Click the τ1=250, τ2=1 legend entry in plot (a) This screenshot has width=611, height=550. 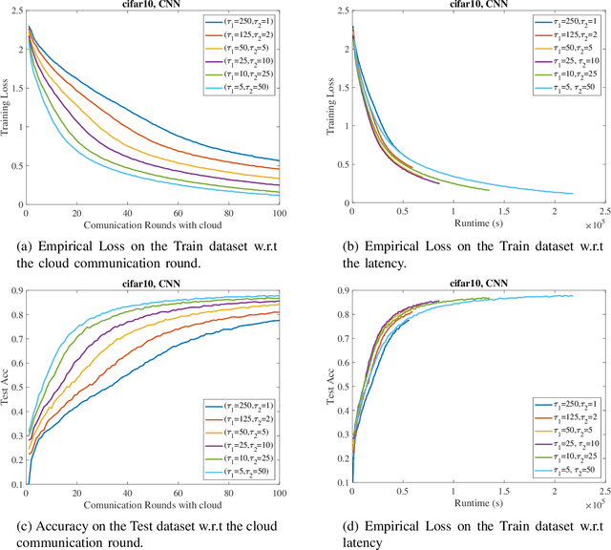[243, 20]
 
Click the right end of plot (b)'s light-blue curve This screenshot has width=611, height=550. [573, 194]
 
